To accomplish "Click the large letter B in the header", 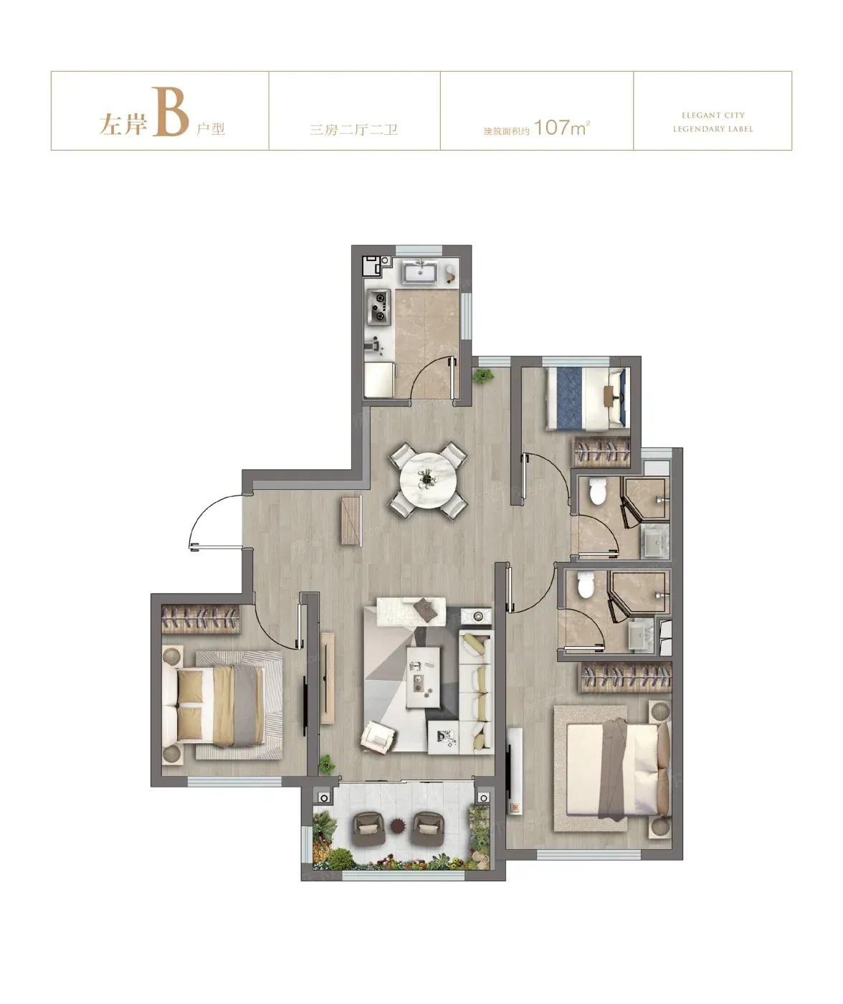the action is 170,112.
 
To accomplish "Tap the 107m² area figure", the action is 562,128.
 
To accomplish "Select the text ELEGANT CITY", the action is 713,115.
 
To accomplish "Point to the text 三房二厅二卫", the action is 353,130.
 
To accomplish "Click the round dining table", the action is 429,480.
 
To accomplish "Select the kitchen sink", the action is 420,273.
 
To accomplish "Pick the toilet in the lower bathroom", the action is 586,585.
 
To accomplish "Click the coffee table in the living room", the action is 423,677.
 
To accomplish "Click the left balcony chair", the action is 368,828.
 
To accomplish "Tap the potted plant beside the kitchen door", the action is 482,375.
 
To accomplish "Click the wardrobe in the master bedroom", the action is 626,678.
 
